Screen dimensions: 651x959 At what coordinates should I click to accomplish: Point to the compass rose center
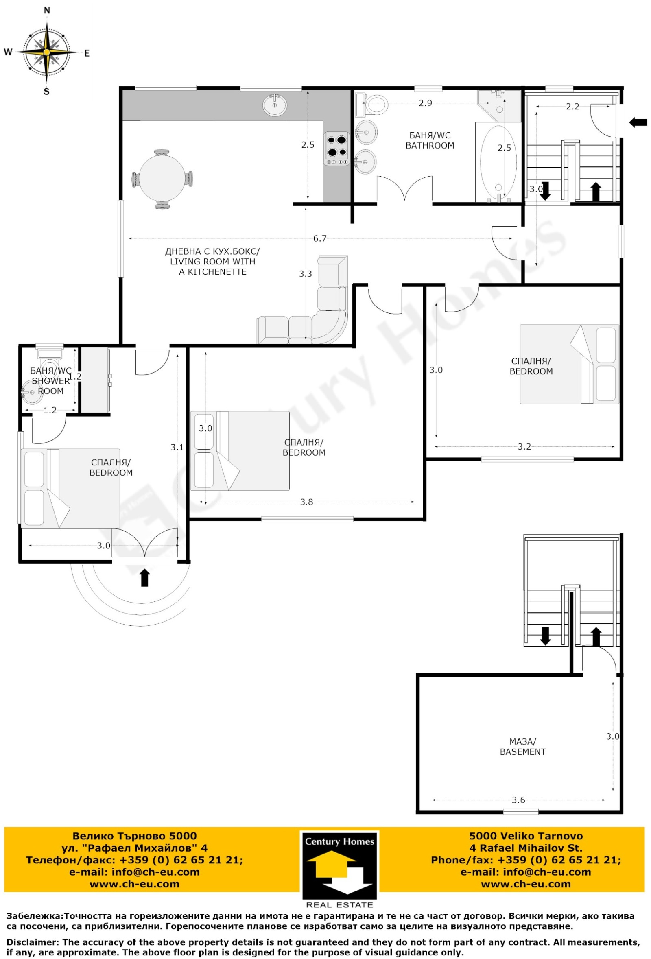point(47,52)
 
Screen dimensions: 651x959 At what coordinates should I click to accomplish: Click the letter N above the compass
point(47,11)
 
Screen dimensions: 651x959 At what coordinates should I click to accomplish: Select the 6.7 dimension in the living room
point(320,238)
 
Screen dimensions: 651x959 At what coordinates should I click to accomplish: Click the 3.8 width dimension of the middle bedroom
point(306,502)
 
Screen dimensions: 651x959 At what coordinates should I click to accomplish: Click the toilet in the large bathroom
point(371,105)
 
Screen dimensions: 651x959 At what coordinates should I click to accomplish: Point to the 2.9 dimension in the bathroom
point(425,103)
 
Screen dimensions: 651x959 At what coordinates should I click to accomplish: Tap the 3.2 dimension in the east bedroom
point(524,446)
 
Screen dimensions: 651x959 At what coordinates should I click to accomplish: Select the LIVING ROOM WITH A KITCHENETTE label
point(213,262)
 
